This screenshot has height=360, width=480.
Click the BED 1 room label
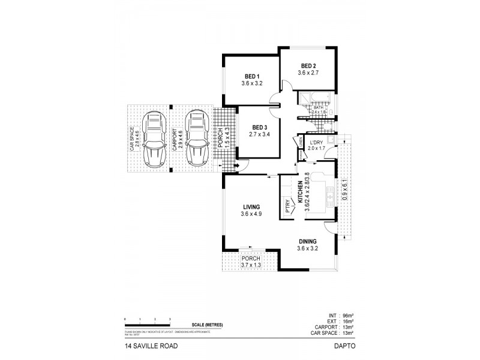(x=251, y=76)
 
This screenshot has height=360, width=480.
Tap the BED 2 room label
(x=308, y=65)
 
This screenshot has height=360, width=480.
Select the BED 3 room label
(x=259, y=127)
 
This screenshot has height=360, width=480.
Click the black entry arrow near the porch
(x=236, y=166)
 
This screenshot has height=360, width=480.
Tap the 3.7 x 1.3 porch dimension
(x=249, y=266)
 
